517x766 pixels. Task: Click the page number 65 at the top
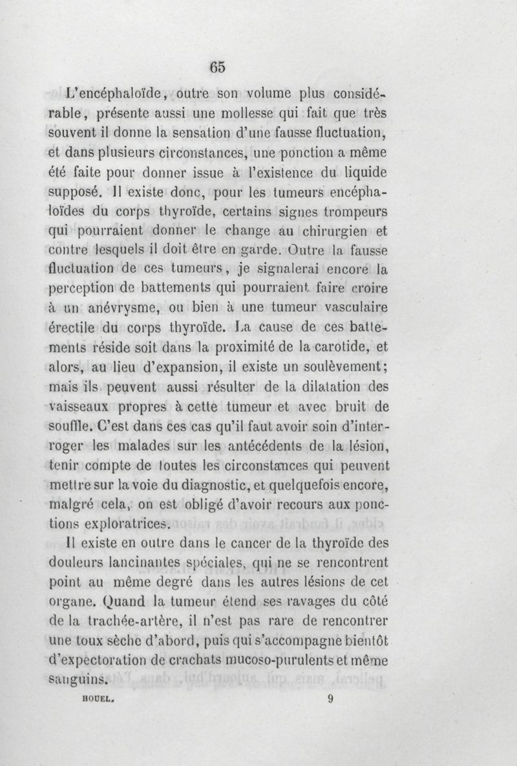(x=216, y=66)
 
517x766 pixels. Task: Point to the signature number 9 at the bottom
(x=330, y=698)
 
